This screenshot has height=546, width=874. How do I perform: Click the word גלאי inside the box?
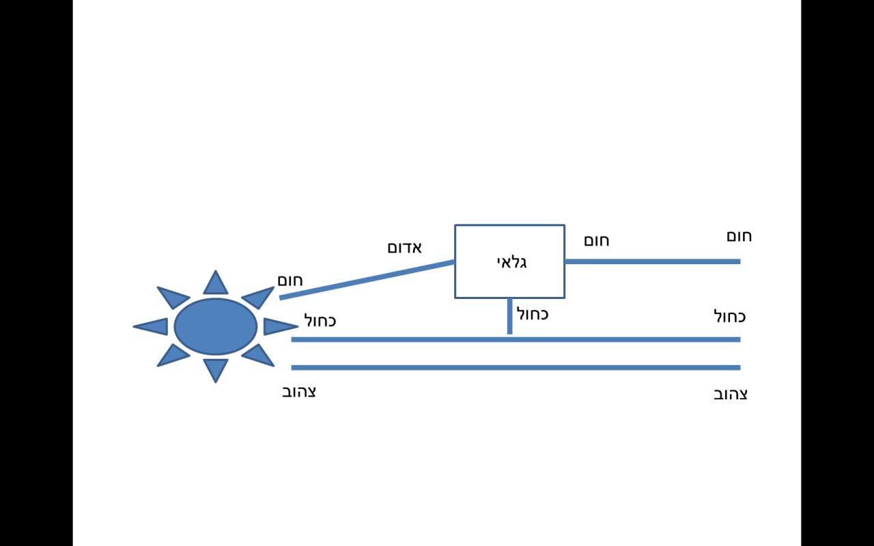pyautogui.click(x=511, y=261)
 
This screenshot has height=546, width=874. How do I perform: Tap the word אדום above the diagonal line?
pyautogui.click(x=404, y=247)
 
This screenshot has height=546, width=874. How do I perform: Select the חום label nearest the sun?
pyautogui.click(x=290, y=281)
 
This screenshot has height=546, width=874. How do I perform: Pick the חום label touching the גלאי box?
pyautogui.click(x=596, y=241)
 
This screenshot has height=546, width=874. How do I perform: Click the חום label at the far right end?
pyautogui.click(x=739, y=236)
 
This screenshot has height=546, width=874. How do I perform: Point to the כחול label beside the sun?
pyautogui.click(x=320, y=320)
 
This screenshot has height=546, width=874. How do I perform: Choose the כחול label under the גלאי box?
pyautogui.click(x=532, y=315)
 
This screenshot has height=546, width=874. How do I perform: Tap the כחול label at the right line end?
pyautogui.click(x=729, y=317)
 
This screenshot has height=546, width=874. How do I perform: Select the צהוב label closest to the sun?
pyautogui.click(x=299, y=392)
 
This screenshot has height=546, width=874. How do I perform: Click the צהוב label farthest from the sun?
pyautogui.click(x=730, y=394)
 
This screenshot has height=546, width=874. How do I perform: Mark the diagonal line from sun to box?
pyautogui.click(x=367, y=279)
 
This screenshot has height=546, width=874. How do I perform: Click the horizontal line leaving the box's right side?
pyautogui.click(x=652, y=261)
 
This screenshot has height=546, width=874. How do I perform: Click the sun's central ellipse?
pyautogui.click(x=216, y=326)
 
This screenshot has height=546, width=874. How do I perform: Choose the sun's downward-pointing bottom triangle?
pyautogui.click(x=216, y=369)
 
